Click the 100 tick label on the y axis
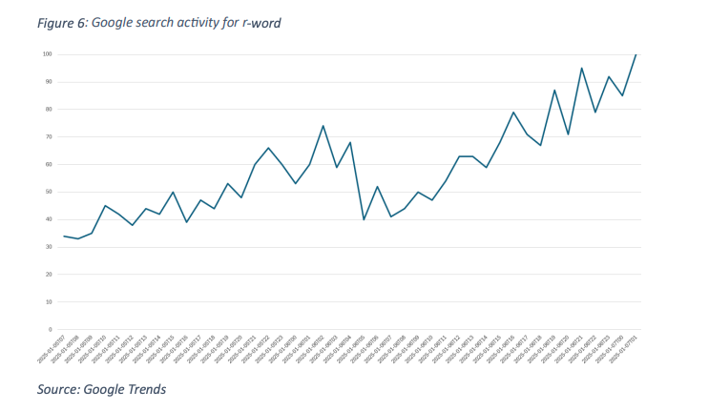tap(47, 54)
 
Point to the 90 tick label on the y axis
tap(48, 82)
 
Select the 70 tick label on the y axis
tap(48, 136)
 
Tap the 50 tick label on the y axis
tap(48, 192)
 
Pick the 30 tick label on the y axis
tap(48, 247)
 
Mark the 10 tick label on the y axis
tap(48, 302)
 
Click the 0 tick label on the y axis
tap(50, 329)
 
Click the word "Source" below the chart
tap(58, 388)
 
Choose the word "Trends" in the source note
tap(145, 388)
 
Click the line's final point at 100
tap(636, 54)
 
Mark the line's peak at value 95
tap(581, 69)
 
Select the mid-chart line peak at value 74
tap(323, 126)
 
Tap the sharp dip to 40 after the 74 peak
tap(364, 219)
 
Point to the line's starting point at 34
tap(64, 236)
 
